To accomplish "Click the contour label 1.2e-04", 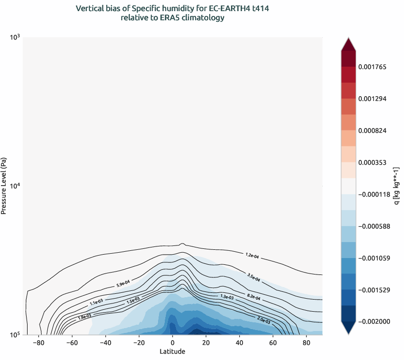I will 252,255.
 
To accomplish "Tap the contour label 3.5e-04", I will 254,277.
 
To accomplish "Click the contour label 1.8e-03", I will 84,317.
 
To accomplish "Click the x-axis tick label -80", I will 39,343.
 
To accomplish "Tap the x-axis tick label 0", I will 173,343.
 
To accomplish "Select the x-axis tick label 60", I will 273,343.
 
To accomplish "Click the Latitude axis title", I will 173,352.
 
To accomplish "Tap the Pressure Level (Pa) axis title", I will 4,186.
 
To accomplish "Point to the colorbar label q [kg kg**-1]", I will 396,186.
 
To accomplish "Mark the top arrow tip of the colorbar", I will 348,38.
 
